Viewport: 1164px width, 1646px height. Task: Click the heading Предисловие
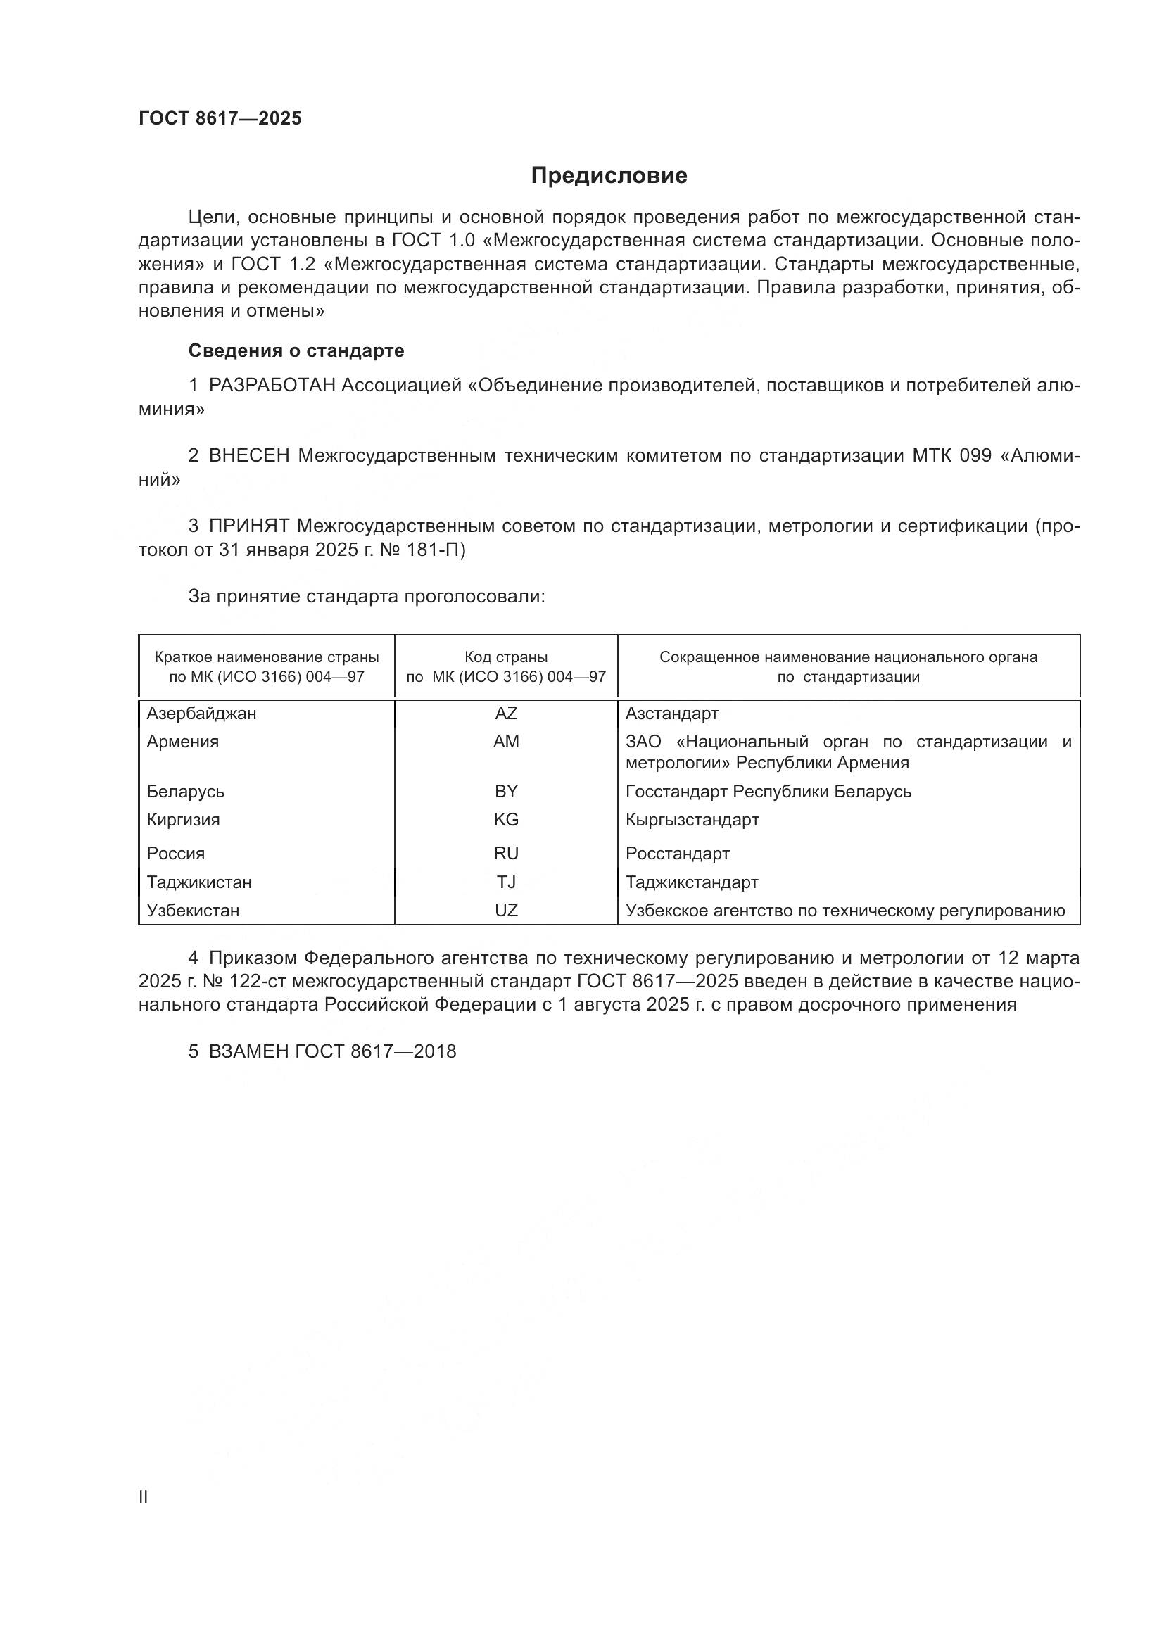(609, 176)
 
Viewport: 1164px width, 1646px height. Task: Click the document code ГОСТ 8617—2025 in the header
(220, 119)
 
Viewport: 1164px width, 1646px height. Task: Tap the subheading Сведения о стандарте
(296, 350)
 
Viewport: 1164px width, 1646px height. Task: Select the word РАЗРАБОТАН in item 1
(272, 386)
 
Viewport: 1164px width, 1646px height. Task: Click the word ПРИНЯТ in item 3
(248, 526)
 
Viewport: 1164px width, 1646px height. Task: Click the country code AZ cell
(506, 714)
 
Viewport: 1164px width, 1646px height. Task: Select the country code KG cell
(506, 819)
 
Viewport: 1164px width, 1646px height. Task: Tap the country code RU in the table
(506, 853)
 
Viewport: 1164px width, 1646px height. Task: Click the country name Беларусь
(186, 792)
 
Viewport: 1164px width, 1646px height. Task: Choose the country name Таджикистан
(199, 882)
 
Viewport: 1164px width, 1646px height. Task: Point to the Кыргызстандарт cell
(692, 819)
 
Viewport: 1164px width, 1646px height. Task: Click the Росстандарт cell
(677, 853)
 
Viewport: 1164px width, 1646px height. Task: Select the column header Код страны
(506, 657)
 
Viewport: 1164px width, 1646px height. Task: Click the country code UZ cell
(506, 911)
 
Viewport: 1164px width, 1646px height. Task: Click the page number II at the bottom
(144, 1498)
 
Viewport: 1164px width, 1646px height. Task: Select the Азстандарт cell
(671, 714)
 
